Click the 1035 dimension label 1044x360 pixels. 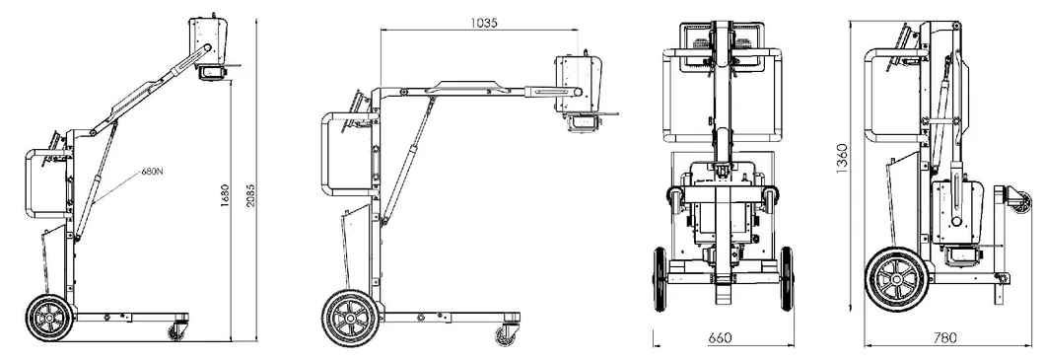tap(484, 22)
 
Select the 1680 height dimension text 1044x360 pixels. tap(225, 196)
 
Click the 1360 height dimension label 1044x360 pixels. tap(842, 160)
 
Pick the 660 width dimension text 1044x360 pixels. tap(720, 338)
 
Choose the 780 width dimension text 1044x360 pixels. tap(945, 338)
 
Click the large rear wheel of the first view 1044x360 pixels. tap(48, 318)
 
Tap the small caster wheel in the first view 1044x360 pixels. tap(177, 331)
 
